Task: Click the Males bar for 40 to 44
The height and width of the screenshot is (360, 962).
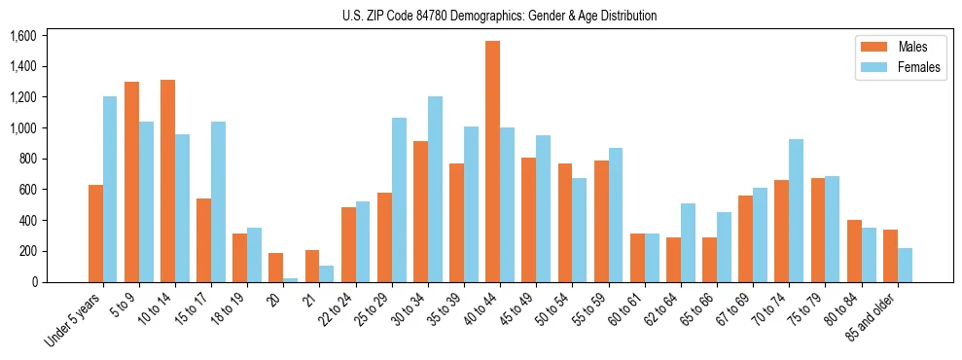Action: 492,162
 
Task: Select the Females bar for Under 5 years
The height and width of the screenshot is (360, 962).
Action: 110,189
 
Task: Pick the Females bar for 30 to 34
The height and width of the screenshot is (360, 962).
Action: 435,189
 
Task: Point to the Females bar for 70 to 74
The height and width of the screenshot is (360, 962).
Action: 796,210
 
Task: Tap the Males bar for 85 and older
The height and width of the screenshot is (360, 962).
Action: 890,256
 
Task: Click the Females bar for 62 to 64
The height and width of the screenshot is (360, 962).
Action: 688,242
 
